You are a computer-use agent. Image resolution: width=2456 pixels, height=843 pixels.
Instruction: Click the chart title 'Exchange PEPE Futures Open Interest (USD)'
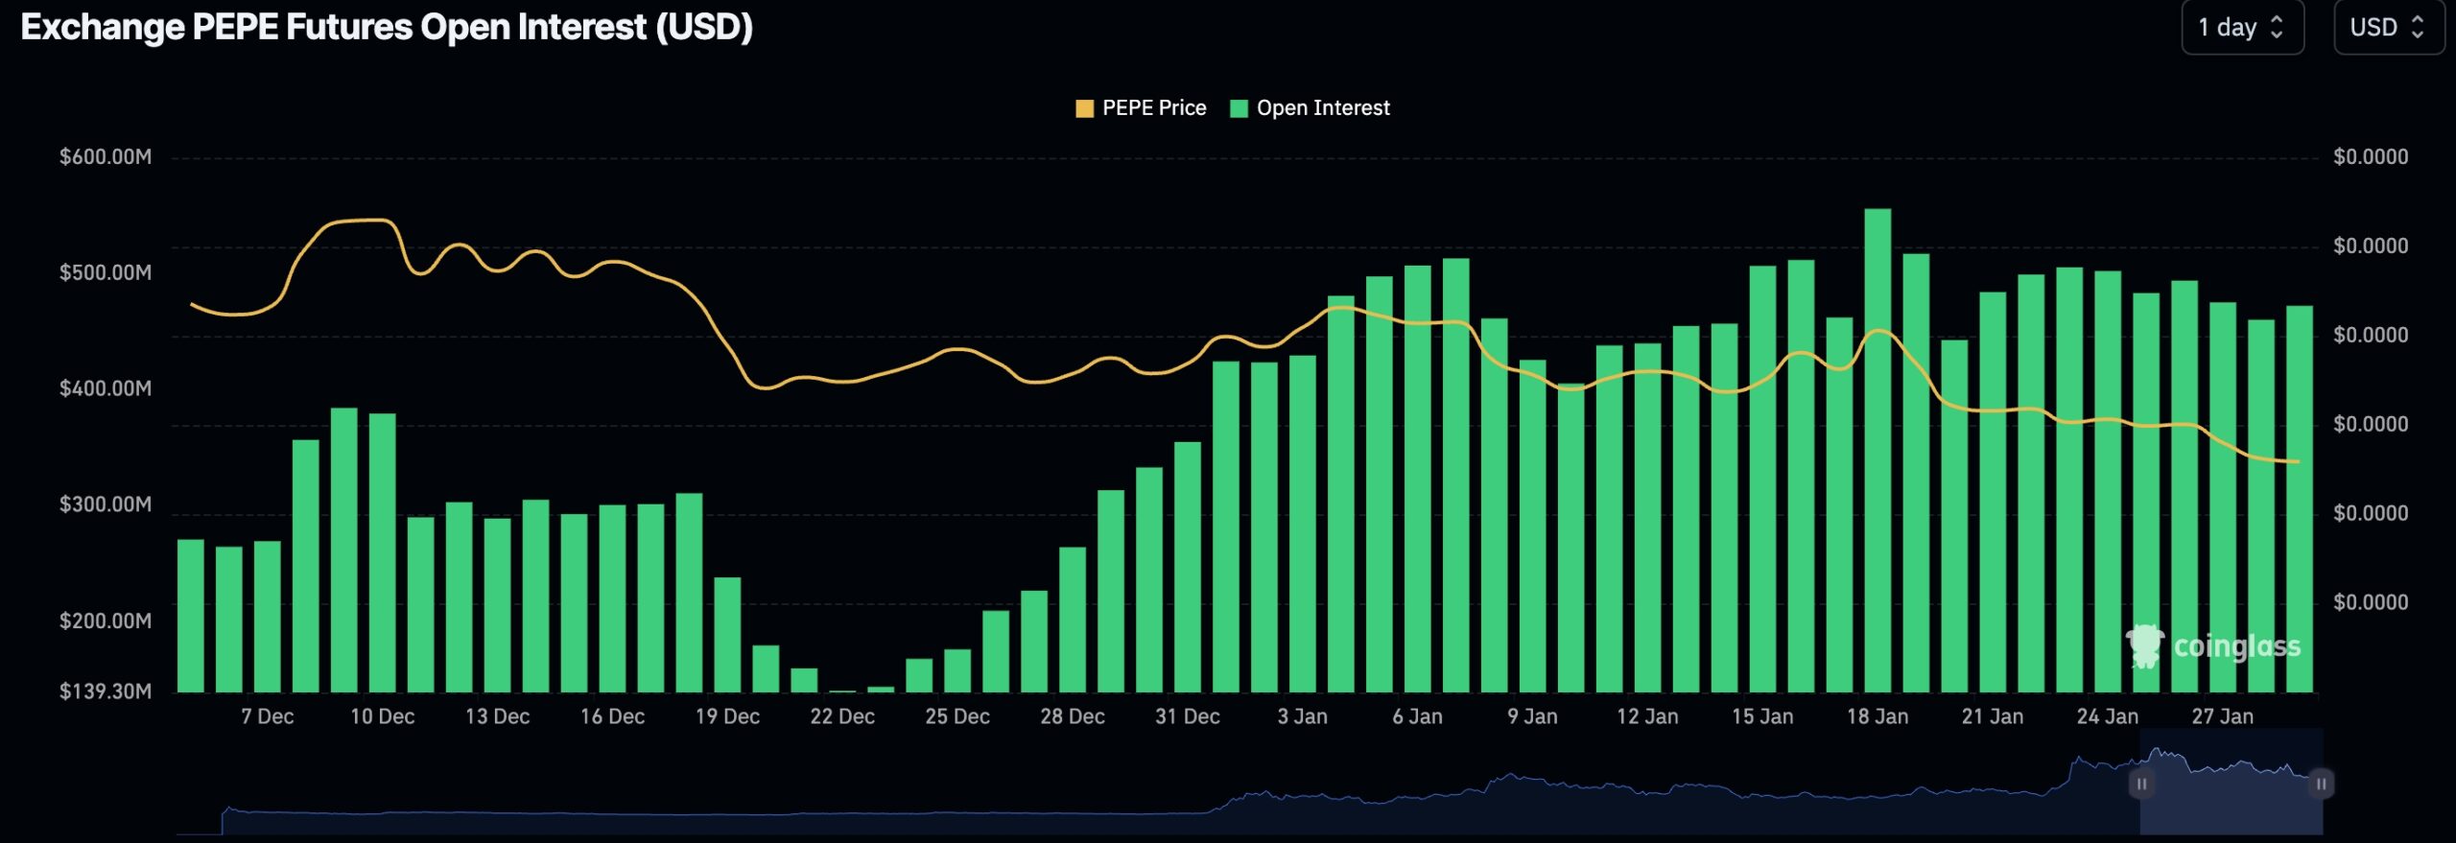(387, 27)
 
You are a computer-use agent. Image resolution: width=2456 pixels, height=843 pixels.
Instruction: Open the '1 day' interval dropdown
(2241, 28)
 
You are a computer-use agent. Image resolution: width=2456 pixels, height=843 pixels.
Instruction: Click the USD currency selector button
(2387, 28)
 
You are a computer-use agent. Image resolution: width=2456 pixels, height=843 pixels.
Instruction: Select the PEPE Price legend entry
(1141, 108)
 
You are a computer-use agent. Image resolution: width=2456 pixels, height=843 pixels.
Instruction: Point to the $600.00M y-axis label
(106, 156)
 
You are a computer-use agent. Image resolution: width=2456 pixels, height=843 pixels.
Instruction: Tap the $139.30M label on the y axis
(106, 691)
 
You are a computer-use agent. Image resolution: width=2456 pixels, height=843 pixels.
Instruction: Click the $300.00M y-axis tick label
(106, 504)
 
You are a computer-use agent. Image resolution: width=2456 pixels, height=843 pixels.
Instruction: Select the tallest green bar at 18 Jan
(1877, 451)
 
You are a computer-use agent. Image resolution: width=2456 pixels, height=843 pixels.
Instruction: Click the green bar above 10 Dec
(382, 553)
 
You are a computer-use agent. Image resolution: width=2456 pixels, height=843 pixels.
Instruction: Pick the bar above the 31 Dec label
(1188, 568)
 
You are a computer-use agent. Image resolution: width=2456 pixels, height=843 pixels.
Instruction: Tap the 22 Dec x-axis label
(842, 716)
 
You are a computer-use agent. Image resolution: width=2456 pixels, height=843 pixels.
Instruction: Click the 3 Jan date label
(1302, 716)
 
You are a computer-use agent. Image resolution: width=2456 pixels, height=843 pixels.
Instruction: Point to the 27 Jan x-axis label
(2222, 716)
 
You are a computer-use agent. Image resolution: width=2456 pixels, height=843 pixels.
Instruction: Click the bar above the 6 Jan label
(1417, 480)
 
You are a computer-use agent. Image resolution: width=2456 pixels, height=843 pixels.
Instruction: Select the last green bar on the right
(2299, 499)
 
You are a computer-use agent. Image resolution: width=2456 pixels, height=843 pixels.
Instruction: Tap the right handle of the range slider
(2321, 784)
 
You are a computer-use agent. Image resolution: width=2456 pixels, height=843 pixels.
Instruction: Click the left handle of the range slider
(2141, 784)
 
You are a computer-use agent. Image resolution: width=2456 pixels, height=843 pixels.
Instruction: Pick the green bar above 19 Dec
(727, 635)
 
